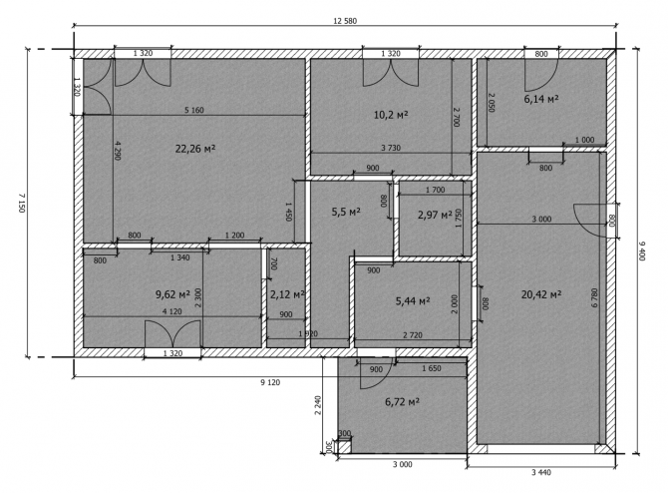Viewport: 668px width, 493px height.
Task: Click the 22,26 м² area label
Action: click(x=195, y=149)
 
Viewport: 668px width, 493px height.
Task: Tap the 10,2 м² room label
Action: click(x=391, y=115)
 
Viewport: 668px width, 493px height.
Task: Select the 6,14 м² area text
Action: click(x=541, y=99)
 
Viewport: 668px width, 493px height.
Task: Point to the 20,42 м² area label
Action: click(x=541, y=294)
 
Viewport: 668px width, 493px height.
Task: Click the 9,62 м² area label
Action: click(x=172, y=294)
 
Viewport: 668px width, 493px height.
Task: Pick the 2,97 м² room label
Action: click(x=435, y=215)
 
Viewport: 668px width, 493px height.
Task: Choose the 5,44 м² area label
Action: click(x=413, y=301)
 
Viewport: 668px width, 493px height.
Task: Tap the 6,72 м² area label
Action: click(x=402, y=402)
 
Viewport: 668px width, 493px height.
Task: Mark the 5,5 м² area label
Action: click(x=346, y=212)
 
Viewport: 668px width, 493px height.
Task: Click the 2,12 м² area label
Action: click(x=287, y=294)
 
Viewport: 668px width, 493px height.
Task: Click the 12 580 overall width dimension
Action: click(x=345, y=21)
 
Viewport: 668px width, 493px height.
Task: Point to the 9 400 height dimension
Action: click(x=642, y=250)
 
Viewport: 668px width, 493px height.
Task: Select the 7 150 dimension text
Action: click(x=22, y=203)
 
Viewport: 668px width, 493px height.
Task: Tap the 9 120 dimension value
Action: click(x=270, y=382)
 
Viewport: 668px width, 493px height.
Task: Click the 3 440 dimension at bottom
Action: click(x=541, y=472)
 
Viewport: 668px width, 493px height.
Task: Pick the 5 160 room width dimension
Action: click(x=193, y=110)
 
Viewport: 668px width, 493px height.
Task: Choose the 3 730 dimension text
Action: click(x=391, y=148)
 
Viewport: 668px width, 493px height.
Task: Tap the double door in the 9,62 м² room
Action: click(x=172, y=333)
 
